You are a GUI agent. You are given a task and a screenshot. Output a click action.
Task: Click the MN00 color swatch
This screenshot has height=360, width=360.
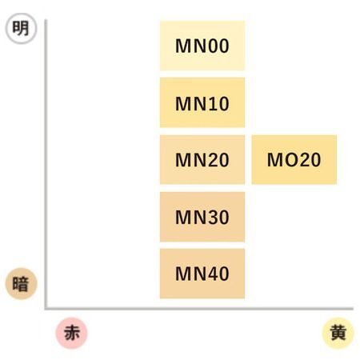(202, 46)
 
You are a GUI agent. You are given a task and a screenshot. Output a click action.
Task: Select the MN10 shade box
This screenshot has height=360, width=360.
(202, 102)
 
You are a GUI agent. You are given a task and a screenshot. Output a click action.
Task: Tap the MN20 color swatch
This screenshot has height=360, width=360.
(202, 159)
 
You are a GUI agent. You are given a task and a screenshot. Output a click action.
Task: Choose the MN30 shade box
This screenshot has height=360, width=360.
(202, 217)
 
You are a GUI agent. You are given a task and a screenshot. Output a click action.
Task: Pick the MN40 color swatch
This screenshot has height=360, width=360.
(202, 274)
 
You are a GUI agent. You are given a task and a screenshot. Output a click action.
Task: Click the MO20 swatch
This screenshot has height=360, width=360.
(294, 159)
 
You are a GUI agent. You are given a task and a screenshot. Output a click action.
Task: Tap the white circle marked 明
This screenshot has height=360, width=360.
(21, 28)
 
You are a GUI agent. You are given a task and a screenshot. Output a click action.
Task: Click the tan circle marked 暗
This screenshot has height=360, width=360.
(21, 284)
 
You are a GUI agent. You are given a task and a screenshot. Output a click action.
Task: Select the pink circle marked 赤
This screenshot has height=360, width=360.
(72, 333)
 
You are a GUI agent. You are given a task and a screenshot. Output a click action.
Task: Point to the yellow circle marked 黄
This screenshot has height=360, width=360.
(338, 333)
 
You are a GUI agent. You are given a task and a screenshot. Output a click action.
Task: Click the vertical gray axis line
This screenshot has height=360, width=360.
(46, 164)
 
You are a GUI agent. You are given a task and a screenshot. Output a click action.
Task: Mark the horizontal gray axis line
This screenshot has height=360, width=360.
(199, 309)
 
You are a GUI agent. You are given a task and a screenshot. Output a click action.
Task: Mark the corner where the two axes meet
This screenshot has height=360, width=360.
(46, 309)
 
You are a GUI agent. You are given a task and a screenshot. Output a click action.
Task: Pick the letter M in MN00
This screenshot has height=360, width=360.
(183, 46)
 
